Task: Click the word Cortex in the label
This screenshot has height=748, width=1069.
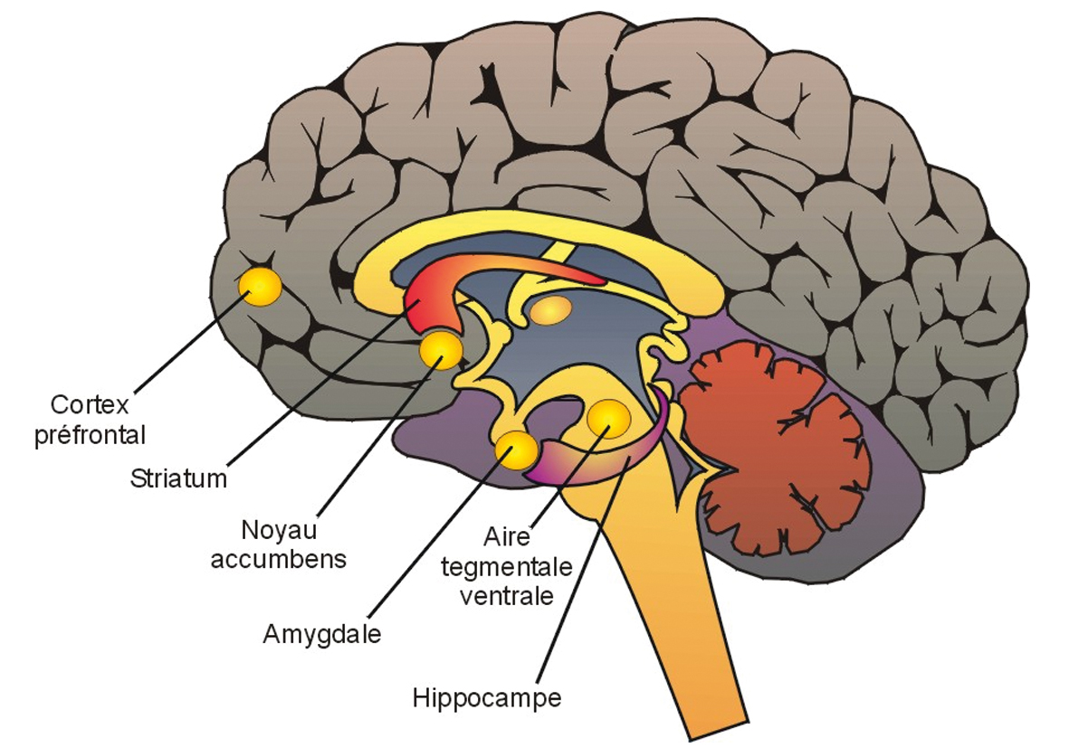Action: click(89, 403)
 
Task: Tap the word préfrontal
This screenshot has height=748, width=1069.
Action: click(90, 434)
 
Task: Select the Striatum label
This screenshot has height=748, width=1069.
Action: click(178, 478)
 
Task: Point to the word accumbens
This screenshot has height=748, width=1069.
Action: click(278, 558)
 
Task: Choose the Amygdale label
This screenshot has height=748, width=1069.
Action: click(321, 634)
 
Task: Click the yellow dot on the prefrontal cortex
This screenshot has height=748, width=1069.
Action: click(259, 287)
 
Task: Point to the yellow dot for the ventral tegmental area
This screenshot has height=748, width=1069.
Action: click(608, 417)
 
